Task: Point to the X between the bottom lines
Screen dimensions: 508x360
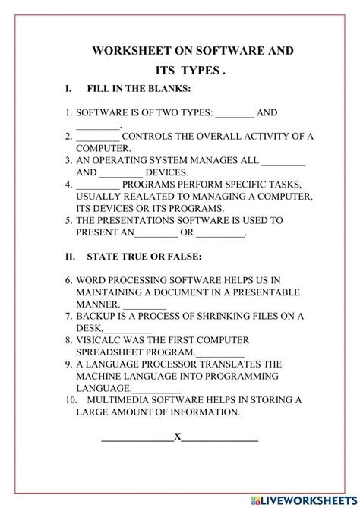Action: (x=177, y=437)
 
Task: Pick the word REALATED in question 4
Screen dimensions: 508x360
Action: (x=134, y=196)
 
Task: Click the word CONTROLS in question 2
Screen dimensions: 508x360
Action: (x=147, y=137)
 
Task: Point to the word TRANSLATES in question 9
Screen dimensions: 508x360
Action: (x=224, y=364)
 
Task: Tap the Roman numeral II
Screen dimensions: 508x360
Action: (x=71, y=257)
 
